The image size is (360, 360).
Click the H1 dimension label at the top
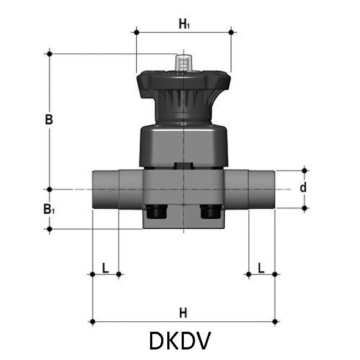tap(184, 24)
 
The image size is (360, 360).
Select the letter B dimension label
tap(49, 120)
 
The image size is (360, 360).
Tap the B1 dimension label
tap(49, 209)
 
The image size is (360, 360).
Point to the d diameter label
tap(303, 187)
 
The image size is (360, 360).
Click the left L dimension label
tap(105, 268)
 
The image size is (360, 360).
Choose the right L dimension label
tap(261, 268)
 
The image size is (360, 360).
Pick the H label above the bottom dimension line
tap(183, 313)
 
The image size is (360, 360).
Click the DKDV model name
tap(180, 341)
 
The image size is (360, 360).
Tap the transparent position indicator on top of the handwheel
tap(183, 63)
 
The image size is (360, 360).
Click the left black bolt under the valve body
tap(157, 212)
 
